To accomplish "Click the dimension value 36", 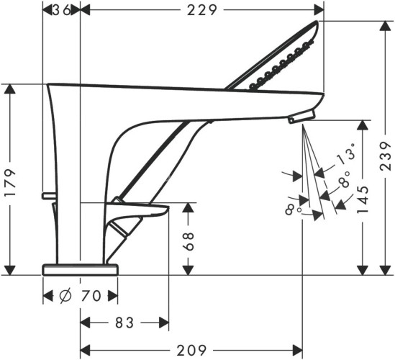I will coord(62,9).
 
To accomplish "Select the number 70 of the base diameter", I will coord(91,295).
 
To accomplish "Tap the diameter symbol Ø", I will coord(65,295).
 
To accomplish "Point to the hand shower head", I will coord(284,58).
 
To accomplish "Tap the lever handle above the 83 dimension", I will coord(140,211).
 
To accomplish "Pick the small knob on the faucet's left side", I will coord(48,194).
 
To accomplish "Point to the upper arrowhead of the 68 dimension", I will coord(189,208).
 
